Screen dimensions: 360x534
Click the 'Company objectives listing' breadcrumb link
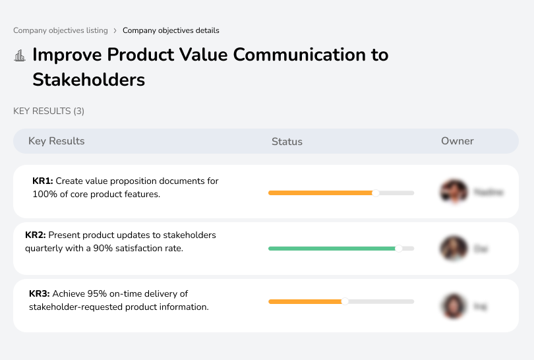tap(61, 30)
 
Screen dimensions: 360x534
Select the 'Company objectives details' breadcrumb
tap(171, 30)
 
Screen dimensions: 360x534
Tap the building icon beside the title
tap(20, 55)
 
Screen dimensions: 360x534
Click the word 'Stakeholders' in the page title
tap(88, 80)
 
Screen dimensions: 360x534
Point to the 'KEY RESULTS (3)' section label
tap(49, 111)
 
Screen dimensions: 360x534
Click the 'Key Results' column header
tap(56, 141)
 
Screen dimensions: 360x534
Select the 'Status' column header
tap(287, 141)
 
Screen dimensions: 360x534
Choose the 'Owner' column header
tap(457, 141)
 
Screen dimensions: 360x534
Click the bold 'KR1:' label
tap(43, 181)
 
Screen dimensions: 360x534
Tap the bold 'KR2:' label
tap(36, 235)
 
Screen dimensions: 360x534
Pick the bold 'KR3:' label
tap(40, 294)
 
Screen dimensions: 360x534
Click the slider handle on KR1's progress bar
tap(376, 193)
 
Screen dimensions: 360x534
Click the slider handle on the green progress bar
tap(398, 249)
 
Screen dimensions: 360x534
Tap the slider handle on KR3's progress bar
tap(344, 301)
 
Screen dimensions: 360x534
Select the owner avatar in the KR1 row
tap(454, 192)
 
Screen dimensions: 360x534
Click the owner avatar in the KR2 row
tap(454, 249)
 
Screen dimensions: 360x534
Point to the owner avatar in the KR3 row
tap(454, 306)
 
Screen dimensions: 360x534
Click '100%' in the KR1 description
tap(44, 195)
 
